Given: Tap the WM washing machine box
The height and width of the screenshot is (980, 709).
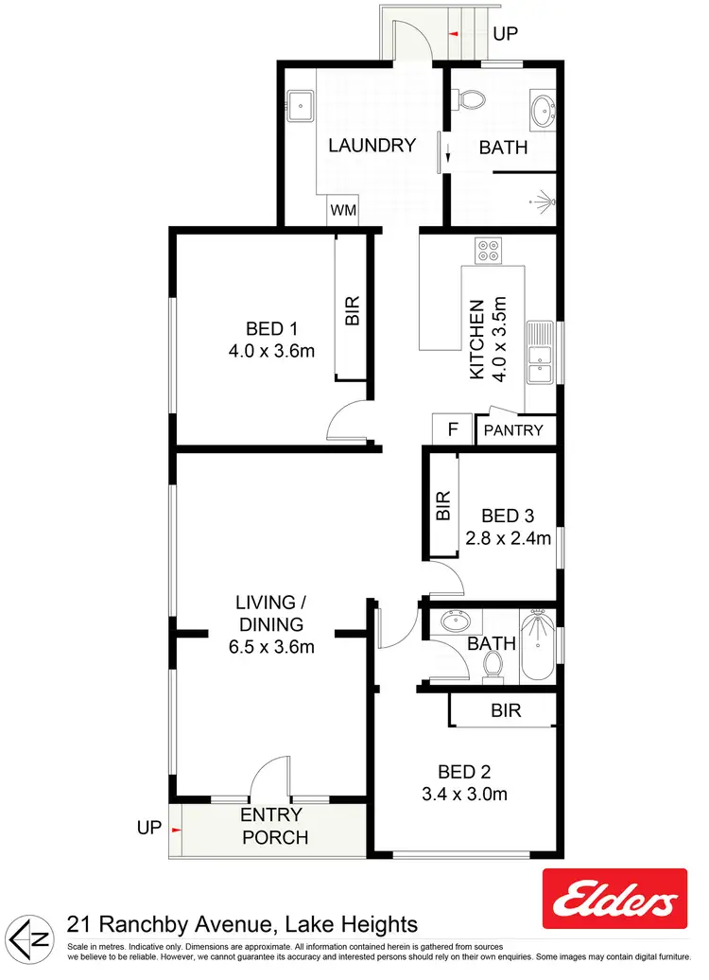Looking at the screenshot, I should [344, 211].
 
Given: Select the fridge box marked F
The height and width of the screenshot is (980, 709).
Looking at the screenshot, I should [453, 429].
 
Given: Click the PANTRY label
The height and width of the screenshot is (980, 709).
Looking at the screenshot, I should [513, 430].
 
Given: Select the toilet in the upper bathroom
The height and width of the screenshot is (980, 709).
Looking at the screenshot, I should [469, 98].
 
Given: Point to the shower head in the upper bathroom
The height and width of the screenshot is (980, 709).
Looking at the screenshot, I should [542, 200].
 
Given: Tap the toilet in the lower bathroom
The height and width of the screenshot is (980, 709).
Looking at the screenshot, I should [492, 667].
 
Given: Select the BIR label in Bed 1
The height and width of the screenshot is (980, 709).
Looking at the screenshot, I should [353, 311].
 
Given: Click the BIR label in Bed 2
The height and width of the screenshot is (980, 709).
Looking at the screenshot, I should [506, 710].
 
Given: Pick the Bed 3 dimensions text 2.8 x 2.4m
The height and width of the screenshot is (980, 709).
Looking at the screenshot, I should [508, 539].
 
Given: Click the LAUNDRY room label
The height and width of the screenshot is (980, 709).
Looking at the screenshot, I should [372, 146].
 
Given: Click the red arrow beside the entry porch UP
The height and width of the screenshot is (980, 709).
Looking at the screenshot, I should [176, 829].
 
